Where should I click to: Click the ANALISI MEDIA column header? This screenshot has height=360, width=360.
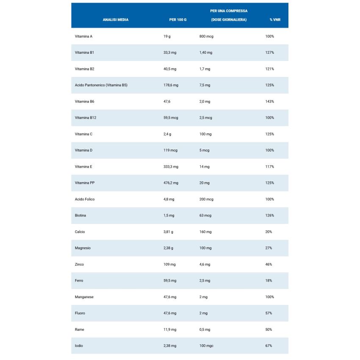coord(115,20)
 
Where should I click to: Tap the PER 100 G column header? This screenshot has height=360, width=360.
coord(178,20)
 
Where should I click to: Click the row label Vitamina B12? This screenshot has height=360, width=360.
coord(86,118)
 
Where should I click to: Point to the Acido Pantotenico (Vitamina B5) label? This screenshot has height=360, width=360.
coord(101,85)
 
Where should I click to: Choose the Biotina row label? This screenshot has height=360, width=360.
coord(80,216)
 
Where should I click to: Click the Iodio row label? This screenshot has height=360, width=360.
coord(79,346)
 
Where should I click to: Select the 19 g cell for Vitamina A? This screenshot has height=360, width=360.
coord(167,36)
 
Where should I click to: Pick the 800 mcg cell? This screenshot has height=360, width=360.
coord(206,36)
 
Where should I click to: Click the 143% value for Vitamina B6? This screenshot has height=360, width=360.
coord(270,102)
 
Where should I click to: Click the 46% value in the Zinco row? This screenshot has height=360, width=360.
coord(269,264)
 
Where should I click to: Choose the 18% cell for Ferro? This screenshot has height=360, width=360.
coord(269,280)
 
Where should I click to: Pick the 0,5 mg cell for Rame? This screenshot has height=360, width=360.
coord(205,330)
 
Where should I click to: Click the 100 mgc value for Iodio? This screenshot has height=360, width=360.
coord(206,346)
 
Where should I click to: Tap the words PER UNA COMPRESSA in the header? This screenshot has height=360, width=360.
coord(229,11)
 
